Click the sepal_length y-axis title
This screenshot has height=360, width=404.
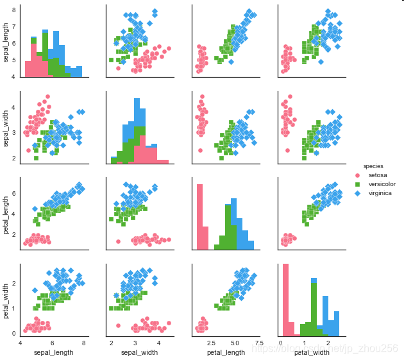(6, 42)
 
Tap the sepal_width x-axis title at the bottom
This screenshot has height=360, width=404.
(138, 352)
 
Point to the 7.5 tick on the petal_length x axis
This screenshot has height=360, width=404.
(258, 343)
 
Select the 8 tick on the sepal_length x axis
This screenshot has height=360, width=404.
(84, 343)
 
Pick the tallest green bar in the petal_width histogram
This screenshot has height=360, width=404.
(314, 308)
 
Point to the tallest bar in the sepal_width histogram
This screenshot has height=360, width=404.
(137, 128)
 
